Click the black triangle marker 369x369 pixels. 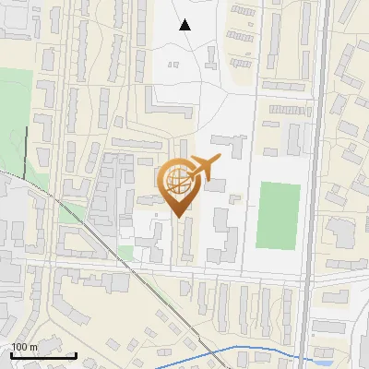pyautogui.click(x=185, y=25)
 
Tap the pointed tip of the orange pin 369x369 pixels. pyautogui.click(x=177, y=217)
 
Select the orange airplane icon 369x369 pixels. pyautogui.click(x=205, y=169)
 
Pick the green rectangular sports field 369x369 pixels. pyautogui.click(x=279, y=215)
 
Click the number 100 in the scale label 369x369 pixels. pyautogui.click(x=20, y=347)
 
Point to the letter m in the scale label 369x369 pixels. pyautogui.click(x=34, y=347)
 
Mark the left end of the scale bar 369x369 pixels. pyautogui.click(x=12, y=355)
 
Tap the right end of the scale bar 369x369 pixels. pyautogui.click(x=77, y=355)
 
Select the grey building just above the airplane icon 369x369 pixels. pyautogui.click(x=235, y=146)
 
